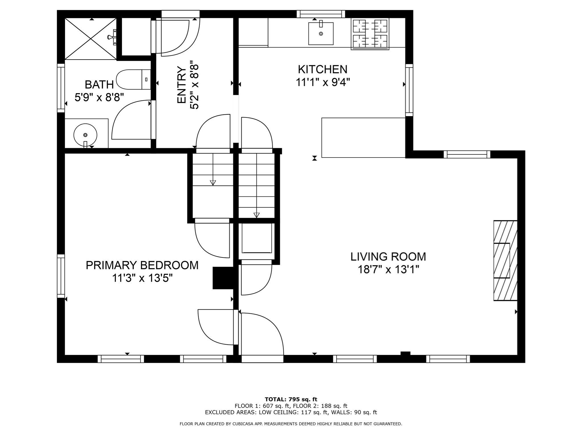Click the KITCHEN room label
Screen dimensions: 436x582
(322, 70)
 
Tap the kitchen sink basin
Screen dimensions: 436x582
(321, 34)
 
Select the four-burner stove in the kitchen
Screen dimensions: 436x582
(370, 34)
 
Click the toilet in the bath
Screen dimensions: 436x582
(133, 79)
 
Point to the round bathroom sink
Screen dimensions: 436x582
(85, 135)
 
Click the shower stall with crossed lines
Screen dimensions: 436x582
(91, 39)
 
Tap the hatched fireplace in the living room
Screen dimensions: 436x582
(505, 260)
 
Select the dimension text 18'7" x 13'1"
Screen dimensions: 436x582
(388, 269)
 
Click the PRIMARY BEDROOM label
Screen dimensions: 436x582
(142, 265)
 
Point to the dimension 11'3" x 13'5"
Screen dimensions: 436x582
(142, 278)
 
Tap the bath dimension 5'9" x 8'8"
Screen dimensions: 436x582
(99, 97)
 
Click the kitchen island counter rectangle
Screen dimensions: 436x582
(363, 138)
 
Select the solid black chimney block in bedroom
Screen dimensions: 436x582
(223, 278)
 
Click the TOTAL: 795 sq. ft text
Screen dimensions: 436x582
(291, 399)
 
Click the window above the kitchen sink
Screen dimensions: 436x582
(321, 14)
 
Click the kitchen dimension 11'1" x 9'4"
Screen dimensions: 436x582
(322, 83)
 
